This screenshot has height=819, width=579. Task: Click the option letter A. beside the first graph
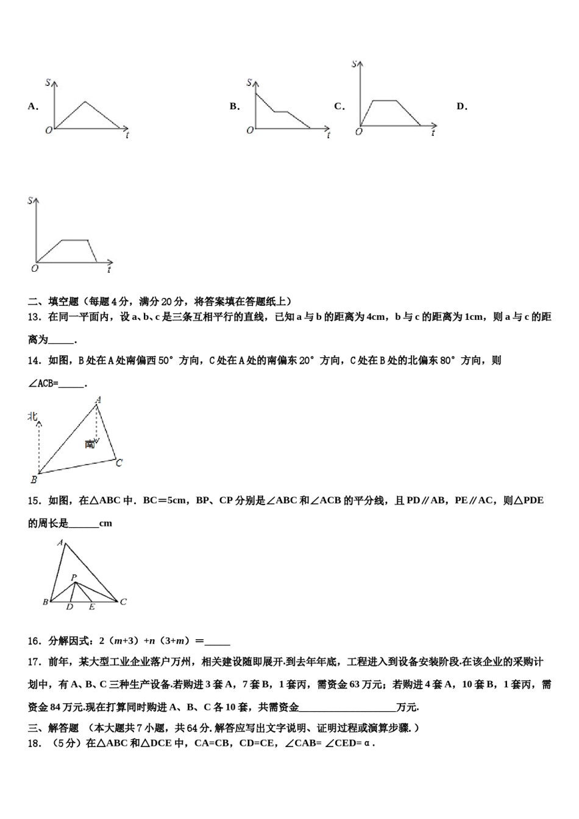coord(33,107)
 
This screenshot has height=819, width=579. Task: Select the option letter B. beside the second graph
coord(235,107)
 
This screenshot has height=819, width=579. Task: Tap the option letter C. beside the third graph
coord(339,107)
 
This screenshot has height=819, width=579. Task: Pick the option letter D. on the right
coord(462,107)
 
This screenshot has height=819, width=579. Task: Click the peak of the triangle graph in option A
coord(85,102)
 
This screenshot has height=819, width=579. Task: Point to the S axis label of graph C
coord(354,63)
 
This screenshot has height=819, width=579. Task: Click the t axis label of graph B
coord(329,135)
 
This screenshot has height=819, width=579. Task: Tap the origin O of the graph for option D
coord(35,268)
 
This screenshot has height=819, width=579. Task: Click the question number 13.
coord(34,317)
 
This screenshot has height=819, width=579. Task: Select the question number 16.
coord(34,640)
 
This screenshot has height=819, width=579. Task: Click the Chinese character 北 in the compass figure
coord(33,416)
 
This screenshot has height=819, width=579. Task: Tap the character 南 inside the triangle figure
coord(90,444)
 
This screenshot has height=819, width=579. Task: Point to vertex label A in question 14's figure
coord(98,400)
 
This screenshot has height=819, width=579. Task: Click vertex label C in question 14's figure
coord(119,463)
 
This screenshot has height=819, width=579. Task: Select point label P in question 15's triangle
coord(73,577)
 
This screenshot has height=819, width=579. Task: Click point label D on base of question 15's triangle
coord(69,607)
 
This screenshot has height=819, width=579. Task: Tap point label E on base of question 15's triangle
coord(92,607)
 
